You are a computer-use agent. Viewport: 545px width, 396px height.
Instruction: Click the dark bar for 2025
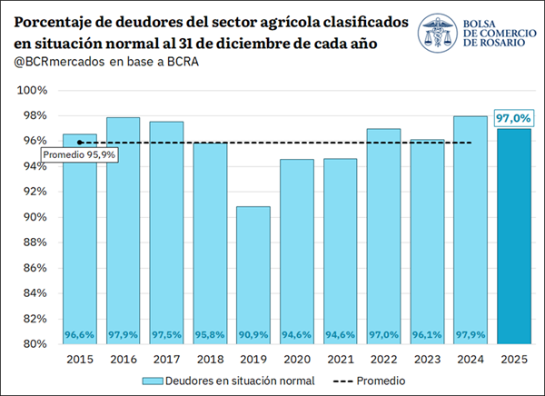[514, 236]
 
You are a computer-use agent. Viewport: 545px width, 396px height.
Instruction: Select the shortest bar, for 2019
[253, 275]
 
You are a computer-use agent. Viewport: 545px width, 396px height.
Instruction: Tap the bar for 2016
[123, 231]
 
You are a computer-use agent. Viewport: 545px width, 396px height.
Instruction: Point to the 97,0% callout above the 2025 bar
[513, 118]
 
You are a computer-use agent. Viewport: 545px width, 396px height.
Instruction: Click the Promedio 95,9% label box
[79, 154]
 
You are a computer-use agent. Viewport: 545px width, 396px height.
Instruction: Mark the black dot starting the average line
[80, 143]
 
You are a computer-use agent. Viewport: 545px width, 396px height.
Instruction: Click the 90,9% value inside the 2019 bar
[253, 335]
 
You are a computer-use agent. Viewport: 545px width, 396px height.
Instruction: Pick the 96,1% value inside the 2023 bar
[427, 335]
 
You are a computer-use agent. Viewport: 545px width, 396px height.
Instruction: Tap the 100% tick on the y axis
[33, 91]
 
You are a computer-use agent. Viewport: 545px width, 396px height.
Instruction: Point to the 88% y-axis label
[35, 243]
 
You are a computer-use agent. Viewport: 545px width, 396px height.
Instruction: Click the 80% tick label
[35, 344]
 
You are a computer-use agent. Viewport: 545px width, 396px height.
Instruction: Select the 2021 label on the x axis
[341, 359]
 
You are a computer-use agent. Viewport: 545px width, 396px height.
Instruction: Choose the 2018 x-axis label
[210, 359]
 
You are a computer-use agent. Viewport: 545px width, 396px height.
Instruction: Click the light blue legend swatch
[153, 381]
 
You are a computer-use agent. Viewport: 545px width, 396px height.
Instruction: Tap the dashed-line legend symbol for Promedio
[342, 381]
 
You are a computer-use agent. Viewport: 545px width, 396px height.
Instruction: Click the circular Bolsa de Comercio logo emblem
[438, 33]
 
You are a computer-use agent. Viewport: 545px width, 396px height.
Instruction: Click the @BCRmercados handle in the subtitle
[59, 62]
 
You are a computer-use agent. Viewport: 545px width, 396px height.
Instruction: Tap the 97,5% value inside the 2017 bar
[166, 335]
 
